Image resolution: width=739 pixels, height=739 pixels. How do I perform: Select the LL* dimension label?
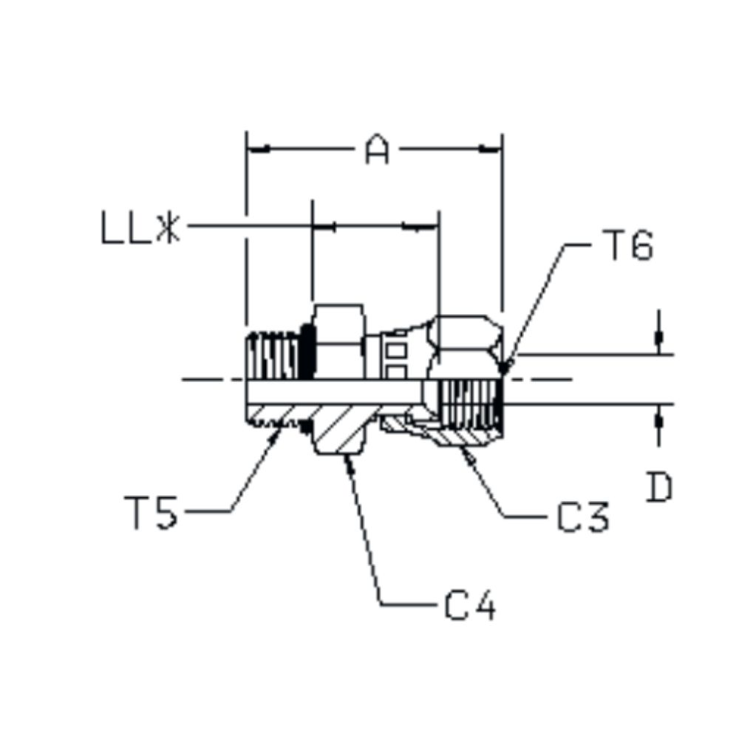tap(140, 228)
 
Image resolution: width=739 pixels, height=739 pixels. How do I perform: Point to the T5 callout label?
tap(151, 512)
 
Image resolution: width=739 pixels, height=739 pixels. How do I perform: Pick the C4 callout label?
tap(470, 607)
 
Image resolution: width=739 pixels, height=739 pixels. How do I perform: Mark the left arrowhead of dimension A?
tap(256, 149)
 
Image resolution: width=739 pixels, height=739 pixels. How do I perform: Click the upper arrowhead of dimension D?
tap(658, 341)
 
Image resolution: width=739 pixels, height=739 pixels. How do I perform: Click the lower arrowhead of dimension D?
tap(658, 418)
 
